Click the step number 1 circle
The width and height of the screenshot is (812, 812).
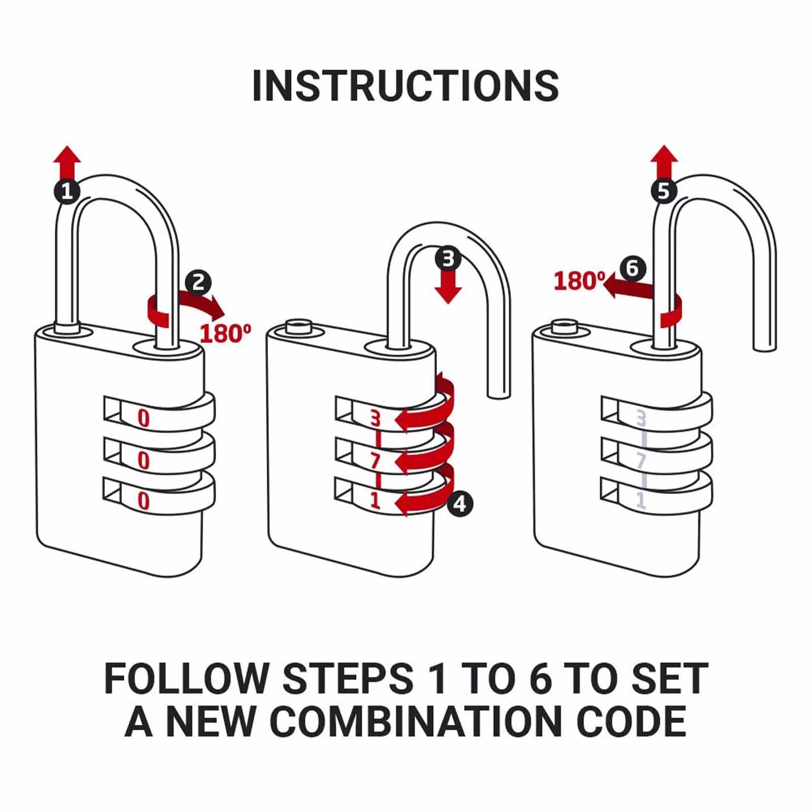(67, 191)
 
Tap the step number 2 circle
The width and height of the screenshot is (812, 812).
(198, 282)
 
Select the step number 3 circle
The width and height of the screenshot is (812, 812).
(448, 259)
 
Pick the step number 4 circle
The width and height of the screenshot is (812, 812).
(460, 504)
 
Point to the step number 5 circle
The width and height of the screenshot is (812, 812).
(664, 191)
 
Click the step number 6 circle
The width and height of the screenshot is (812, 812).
(632, 268)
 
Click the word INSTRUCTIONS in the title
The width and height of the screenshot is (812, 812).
(405, 85)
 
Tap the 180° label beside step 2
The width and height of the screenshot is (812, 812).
(225, 333)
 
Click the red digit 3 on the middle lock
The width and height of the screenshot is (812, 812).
(375, 419)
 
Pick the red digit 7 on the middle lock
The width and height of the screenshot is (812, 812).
(375, 461)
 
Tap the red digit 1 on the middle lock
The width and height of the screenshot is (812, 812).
(375, 501)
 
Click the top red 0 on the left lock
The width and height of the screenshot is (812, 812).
(144, 419)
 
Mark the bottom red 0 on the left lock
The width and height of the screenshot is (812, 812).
(144, 501)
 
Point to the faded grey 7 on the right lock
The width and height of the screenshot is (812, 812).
(640, 461)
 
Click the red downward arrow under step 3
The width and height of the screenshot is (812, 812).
(448, 288)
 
